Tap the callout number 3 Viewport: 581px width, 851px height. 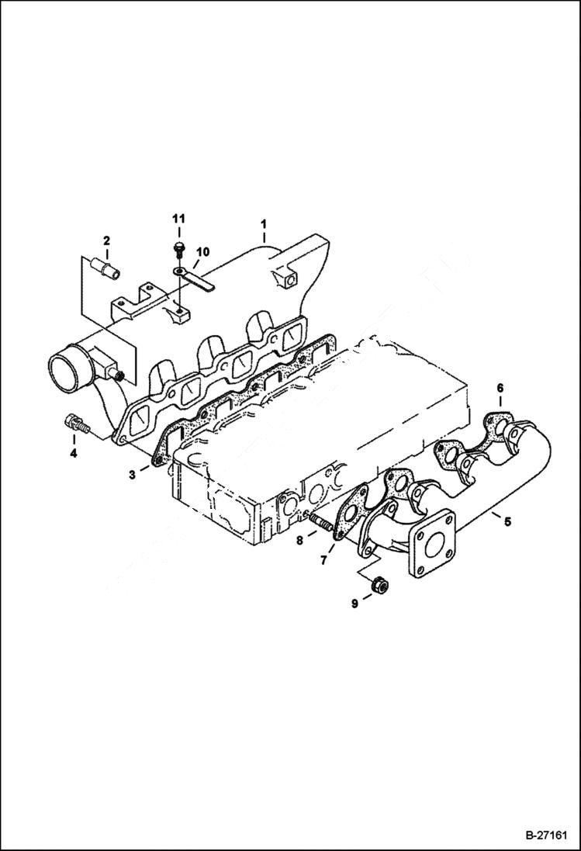(x=133, y=474)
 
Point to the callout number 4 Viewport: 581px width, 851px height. (x=74, y=453)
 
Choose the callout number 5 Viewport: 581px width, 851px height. (x=507, y=521)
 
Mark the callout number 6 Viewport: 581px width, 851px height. (x=500, y=387)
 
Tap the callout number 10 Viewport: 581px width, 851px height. (x=202, y=252)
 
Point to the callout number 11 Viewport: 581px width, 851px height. (x=178, y=220)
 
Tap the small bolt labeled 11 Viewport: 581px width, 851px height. (x=179, y=248)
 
